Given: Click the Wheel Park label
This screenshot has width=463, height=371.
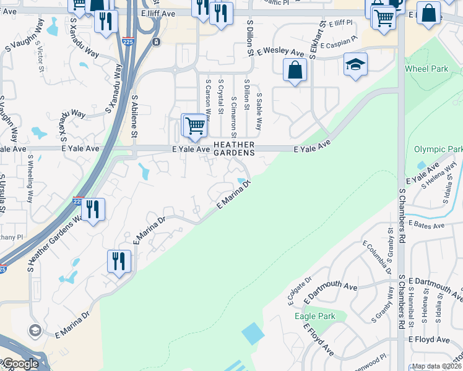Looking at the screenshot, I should coord(426,69).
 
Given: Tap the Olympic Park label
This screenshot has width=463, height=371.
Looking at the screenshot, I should coord(438,149).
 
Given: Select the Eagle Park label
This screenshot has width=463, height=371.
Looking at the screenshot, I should coord(315,316).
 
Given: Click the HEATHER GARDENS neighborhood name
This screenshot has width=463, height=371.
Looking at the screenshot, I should coord(234,148).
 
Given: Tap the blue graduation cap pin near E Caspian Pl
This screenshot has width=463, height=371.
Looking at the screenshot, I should coord(355,66).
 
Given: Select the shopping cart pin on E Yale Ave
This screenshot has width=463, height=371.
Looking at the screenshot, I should coord(194,126).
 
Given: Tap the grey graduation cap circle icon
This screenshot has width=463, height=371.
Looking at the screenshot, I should coord(34,329).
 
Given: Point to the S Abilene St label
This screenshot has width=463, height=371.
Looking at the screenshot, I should coord(134,116).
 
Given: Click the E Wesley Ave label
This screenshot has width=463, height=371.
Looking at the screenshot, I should coord(282,53).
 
